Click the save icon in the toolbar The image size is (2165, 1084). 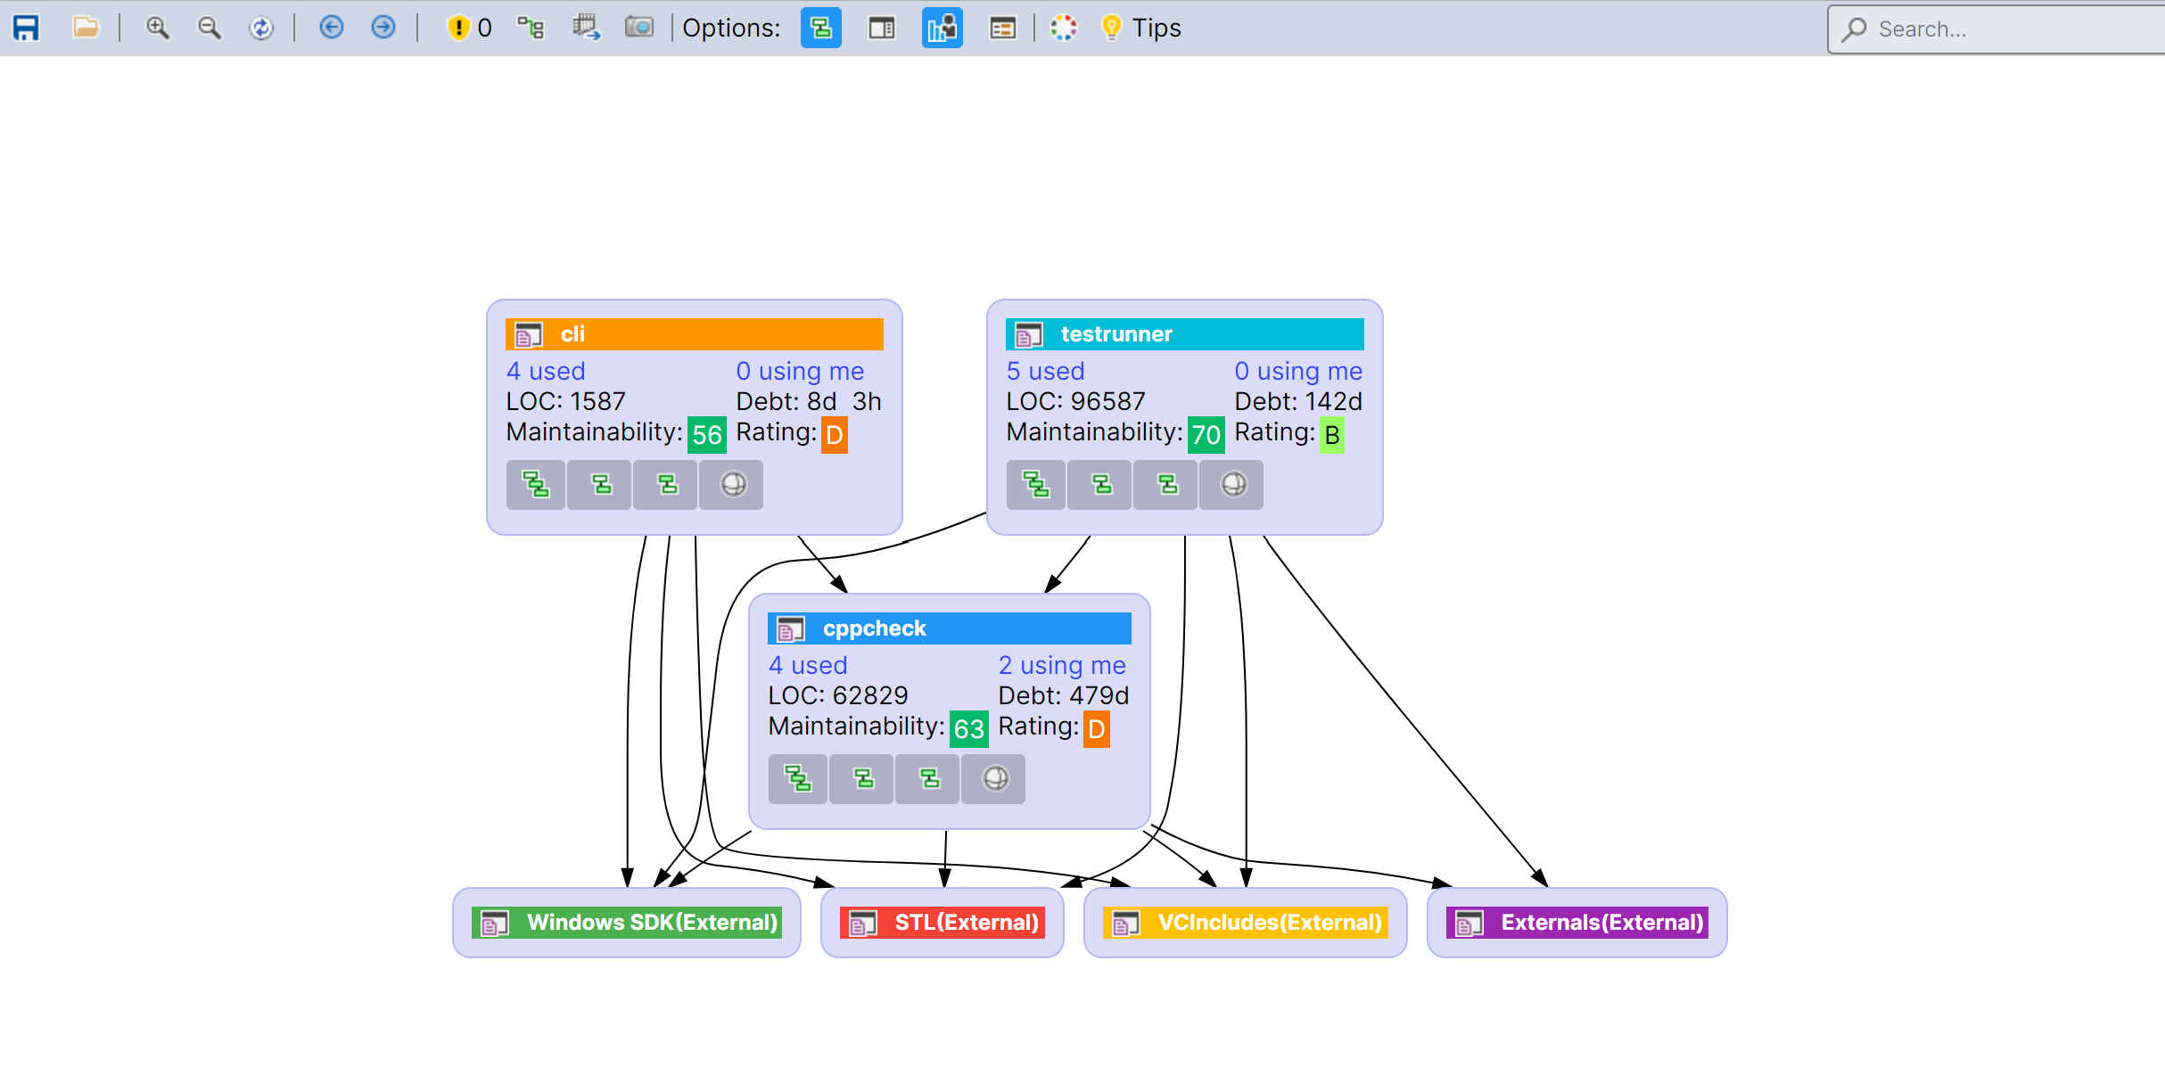pyautogui.click(x=26, y=29)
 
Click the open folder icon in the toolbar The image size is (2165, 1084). pyautogui.click(x=86, y=29)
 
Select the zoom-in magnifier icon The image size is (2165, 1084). pyautogui.click(x=158, y=29)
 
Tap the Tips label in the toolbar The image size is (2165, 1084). pyautogui.click(x=1156, y=29)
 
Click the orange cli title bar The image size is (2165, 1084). pyautogui.click(x=694, y=334)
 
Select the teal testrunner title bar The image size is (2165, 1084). pyautogui.click(x=1184, y=334)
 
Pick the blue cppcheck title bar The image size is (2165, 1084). pyautogui.click(x=949, y=628)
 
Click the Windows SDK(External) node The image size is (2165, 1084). pyautogui.click(x=627, y=923)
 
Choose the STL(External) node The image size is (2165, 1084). pyautogui.click(x=943, y=923)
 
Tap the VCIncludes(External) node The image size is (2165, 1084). pyautogui.click(x=1246, y=923)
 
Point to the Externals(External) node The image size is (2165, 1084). pyautogui.click(x=1577, y=923)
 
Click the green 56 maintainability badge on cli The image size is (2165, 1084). pyautogui.click(x=707, y=435)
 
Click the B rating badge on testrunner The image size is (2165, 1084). pyautogui.click(x=1331, y=435)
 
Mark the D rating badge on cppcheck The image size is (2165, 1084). pyautogui.click(x=1097, y=729)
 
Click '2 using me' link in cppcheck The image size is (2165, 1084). pyautogui.click(x=1062, y=666)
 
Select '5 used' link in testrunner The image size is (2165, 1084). pyautogui.click(x=1045, y=372)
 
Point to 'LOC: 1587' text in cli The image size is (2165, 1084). pyautogui.click(x=566, y=402)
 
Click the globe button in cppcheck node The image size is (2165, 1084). pyautogui.click(x=995, y=779)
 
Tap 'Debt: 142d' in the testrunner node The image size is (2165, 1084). pyautogui.click(x=1298, y=402)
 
